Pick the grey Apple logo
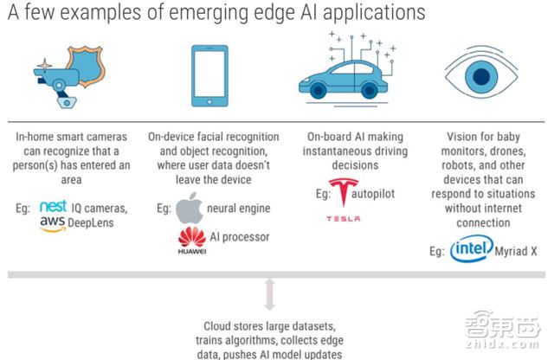tap(189, 209)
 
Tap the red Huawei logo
tap(189, 237)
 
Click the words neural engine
tap(241, 209)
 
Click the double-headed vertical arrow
tap(269, 294)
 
